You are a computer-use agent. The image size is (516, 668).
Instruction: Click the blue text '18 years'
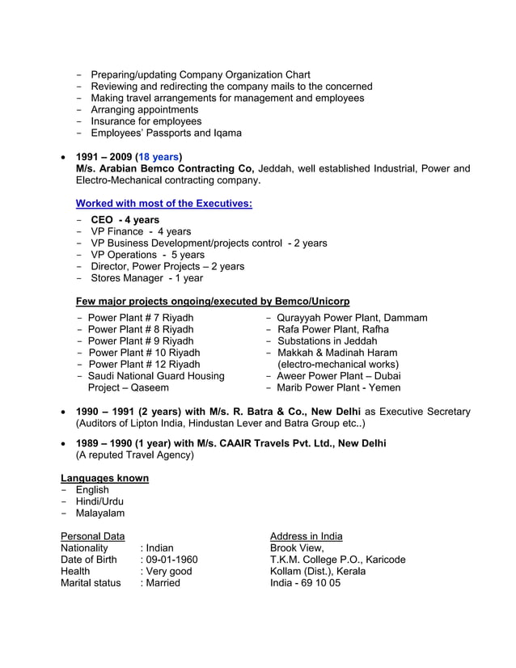[159, 157]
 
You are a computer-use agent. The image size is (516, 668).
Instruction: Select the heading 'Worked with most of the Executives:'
[163, 204]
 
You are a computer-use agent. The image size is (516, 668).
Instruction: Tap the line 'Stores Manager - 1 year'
[146, 278]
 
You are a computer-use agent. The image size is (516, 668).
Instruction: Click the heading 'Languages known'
[104, 478]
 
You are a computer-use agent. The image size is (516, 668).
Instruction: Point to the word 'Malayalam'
[100, 513]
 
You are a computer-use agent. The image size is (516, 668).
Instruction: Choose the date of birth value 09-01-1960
[170, 560]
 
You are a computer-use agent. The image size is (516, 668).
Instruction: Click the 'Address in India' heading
[306, 536]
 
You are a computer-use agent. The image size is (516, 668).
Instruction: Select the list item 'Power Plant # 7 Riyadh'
[140, 318]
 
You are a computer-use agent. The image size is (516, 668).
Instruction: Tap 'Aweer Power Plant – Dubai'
[338, 376]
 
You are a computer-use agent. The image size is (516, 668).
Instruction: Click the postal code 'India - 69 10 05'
[305, 582]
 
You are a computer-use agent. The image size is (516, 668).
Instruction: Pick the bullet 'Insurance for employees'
[146, 121]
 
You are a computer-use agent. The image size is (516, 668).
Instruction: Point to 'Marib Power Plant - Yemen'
[338, 387]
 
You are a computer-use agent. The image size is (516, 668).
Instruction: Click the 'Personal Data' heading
[92, 536]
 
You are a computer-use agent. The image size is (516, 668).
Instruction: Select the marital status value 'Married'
[162, 582]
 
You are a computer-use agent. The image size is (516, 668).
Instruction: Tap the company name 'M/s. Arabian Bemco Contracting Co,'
[165, 169]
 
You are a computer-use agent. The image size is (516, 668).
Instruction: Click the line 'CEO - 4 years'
[125, 220]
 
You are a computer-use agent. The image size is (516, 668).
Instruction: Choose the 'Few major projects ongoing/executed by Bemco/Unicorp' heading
[213, 302]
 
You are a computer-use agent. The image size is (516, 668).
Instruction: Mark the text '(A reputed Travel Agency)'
[134, 454]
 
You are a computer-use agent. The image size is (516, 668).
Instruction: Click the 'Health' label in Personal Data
[78, 571]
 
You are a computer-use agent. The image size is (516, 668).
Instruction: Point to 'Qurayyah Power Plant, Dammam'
[352, 318]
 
